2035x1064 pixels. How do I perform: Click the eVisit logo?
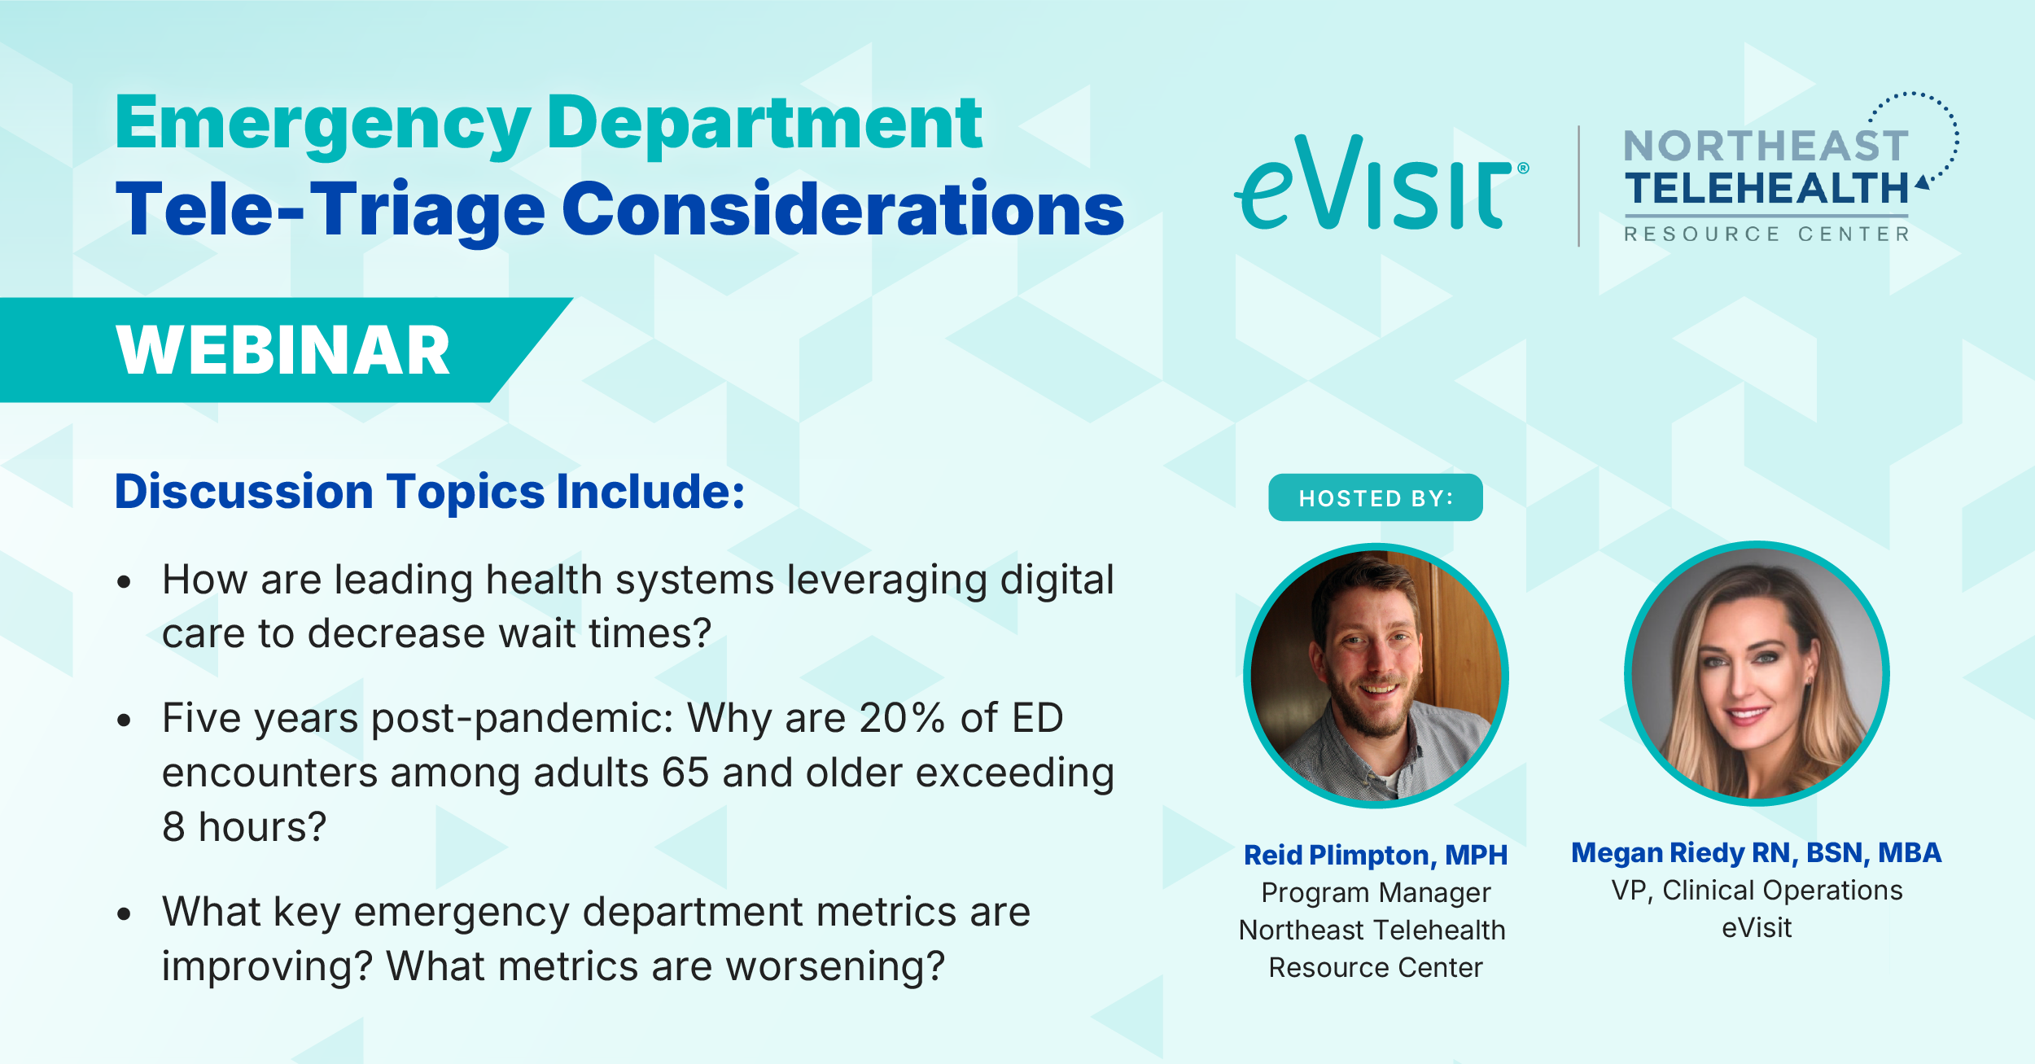click(1381, 182)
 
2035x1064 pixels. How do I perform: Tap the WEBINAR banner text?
click(282, 350)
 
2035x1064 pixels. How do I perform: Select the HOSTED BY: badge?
click(1376, 497)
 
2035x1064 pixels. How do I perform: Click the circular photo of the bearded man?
click(1376, 676)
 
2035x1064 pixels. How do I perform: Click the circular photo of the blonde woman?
click(1757, 673)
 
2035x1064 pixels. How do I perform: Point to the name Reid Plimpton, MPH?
click(1376, 855)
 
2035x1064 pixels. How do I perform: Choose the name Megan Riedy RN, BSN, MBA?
click(1757, 852)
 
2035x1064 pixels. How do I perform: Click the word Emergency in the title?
click(323, 124)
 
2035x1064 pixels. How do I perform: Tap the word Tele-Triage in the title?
click(330, 209)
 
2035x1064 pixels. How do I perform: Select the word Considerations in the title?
click(843, 209)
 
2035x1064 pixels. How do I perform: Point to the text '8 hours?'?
click(244, 827)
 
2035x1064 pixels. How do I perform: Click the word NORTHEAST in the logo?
click(1766, 147)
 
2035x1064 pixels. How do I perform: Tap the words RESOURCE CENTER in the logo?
click(1766, 234)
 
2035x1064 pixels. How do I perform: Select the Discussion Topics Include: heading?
click(430, 492)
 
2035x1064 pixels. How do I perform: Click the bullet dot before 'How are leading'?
click(124, 581)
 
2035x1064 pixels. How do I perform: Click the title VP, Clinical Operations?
click(1757, 891)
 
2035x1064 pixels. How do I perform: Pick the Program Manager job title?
click(1376, 892)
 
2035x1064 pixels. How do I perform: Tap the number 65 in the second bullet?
click(685, 773)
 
